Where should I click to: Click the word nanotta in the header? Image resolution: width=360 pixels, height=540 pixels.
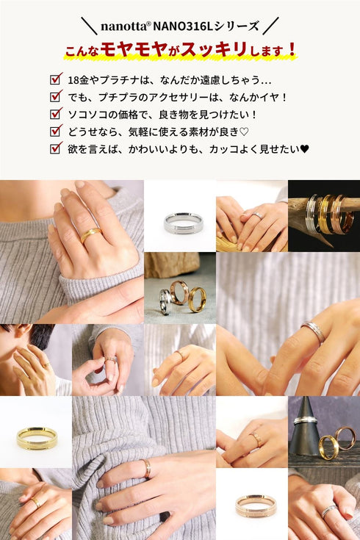(x=123, y=26)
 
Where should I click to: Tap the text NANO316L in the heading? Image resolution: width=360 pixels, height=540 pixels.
(x=183, y=26)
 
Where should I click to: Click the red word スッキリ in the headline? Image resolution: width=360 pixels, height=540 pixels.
(x=214, y=50)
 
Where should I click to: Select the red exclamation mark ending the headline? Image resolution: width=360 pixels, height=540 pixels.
(x=292, y=49)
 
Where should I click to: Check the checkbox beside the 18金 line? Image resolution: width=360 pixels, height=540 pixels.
(x=56, y=79)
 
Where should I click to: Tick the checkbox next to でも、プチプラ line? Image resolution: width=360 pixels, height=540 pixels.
(x=56, y=96)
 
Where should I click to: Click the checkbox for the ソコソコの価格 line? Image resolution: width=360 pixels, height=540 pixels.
(x=56, y=113)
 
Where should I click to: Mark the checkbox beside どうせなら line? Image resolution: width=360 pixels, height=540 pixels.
(x=56, y=131)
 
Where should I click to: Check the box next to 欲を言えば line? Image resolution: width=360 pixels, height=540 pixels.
(x=56, y=148)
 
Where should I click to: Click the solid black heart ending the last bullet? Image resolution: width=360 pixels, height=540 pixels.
(x=305, y=148)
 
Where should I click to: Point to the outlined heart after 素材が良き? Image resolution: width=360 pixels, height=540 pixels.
(x=244, y=132)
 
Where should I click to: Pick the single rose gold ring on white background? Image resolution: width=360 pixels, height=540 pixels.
(x=256, y=505)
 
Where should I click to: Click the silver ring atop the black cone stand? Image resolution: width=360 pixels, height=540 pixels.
(x=305, y=420)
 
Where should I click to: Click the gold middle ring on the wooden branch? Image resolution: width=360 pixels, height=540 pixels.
(x=325, y=215)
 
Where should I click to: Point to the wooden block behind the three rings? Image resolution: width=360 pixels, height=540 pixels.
(x=172, y=264)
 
